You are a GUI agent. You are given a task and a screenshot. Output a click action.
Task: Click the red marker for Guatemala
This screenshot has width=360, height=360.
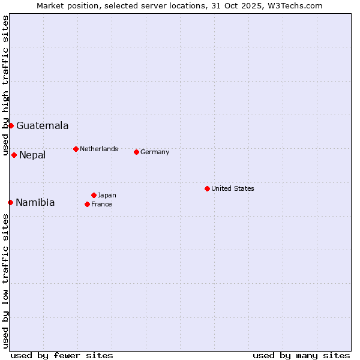coord(11,125)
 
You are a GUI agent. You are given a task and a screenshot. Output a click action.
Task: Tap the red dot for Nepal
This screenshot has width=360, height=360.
coord(14,155)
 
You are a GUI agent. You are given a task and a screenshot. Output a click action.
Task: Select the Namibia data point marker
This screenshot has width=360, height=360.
coord(10,202)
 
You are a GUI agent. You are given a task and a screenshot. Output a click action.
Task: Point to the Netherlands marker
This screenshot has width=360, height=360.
coord(76,149)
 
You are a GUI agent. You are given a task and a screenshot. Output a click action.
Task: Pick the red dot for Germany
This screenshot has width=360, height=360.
coord(136,152)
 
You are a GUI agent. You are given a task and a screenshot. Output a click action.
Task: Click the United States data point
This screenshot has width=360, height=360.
coord(207,188)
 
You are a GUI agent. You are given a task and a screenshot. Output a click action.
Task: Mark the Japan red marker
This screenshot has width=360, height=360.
coord(94,195)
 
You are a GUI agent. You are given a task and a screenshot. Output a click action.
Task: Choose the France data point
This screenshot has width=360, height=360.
coord(87,204)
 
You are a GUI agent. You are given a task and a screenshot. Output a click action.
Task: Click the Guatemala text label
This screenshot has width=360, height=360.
coord(42,126)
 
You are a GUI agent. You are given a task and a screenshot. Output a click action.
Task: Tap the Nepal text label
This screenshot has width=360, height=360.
coord(32,155)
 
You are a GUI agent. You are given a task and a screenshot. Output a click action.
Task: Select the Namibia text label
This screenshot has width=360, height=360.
coord(35,203)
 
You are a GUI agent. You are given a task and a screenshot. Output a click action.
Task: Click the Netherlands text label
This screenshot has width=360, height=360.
coord(99,149)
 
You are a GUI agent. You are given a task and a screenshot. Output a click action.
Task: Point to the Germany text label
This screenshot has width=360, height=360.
coord(155,152)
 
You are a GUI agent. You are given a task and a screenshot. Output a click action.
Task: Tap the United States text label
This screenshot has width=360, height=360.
coord(233,188)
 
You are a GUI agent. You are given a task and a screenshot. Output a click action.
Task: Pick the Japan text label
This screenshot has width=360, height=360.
coord(107,195)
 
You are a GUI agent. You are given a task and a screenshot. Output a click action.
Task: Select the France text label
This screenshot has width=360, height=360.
coord(101,204)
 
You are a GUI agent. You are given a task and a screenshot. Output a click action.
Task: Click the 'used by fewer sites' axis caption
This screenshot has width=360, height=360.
coord(62,355)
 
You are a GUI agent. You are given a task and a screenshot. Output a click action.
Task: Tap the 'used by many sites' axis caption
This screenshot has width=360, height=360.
coord(301,355)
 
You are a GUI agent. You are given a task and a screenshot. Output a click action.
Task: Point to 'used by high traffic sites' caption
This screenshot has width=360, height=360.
coord(5,86)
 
